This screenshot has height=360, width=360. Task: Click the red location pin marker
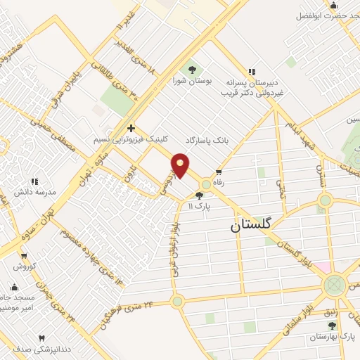coord(181,165)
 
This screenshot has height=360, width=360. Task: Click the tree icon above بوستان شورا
coord(191,69)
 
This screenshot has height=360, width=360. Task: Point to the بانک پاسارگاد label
coord(208,140)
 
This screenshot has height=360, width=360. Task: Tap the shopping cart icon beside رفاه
coord(219,172)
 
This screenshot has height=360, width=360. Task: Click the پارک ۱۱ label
coord(200,206)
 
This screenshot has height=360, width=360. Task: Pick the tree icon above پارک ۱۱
coord(201,195)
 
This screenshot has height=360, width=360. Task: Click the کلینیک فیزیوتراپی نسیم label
coord(129,139)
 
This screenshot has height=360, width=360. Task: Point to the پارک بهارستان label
coord(333,337)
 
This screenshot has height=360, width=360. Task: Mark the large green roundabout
coord(335,284)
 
